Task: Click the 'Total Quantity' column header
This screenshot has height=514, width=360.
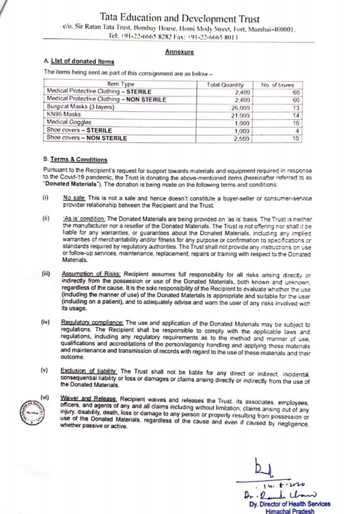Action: click(225, 85)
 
